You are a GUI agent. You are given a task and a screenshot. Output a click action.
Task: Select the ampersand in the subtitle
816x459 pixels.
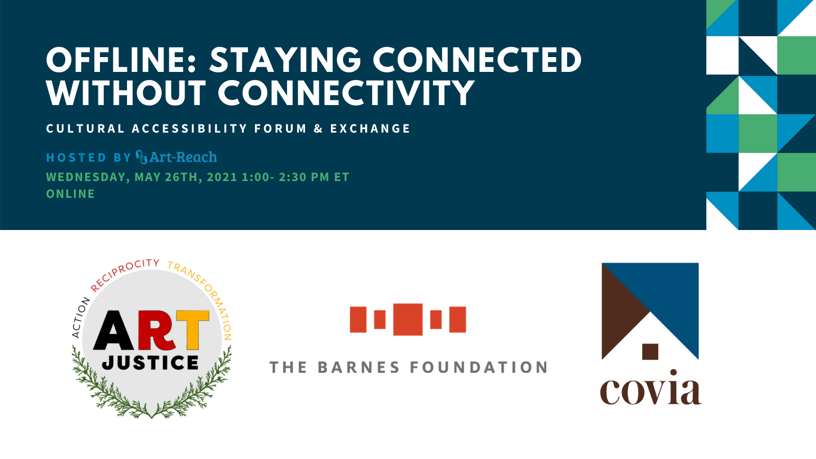coord(318,129)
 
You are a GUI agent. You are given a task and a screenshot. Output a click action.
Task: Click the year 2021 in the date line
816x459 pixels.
coord(222,177)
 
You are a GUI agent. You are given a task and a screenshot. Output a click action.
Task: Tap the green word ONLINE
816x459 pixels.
coord(70,194)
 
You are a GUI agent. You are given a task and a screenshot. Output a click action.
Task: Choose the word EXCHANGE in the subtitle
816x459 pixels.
coord(370,129)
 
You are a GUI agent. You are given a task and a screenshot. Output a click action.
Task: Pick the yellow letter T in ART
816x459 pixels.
coord(193,330)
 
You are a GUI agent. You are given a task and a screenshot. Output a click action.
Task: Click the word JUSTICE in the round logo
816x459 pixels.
coord(150,363)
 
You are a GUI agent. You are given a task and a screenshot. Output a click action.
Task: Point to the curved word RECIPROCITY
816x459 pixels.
coord(124,274)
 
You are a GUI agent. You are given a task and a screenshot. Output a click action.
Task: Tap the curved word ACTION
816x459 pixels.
coord(81,317)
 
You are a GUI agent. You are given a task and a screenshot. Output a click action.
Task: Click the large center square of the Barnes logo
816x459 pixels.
coord(408,319)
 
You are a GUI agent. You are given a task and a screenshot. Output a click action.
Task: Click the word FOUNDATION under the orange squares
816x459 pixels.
coord(479,367)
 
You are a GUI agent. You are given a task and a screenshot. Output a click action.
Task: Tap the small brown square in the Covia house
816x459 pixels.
coord(650,352)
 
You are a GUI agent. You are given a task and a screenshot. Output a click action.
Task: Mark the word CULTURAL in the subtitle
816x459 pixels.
coord(85,129)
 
